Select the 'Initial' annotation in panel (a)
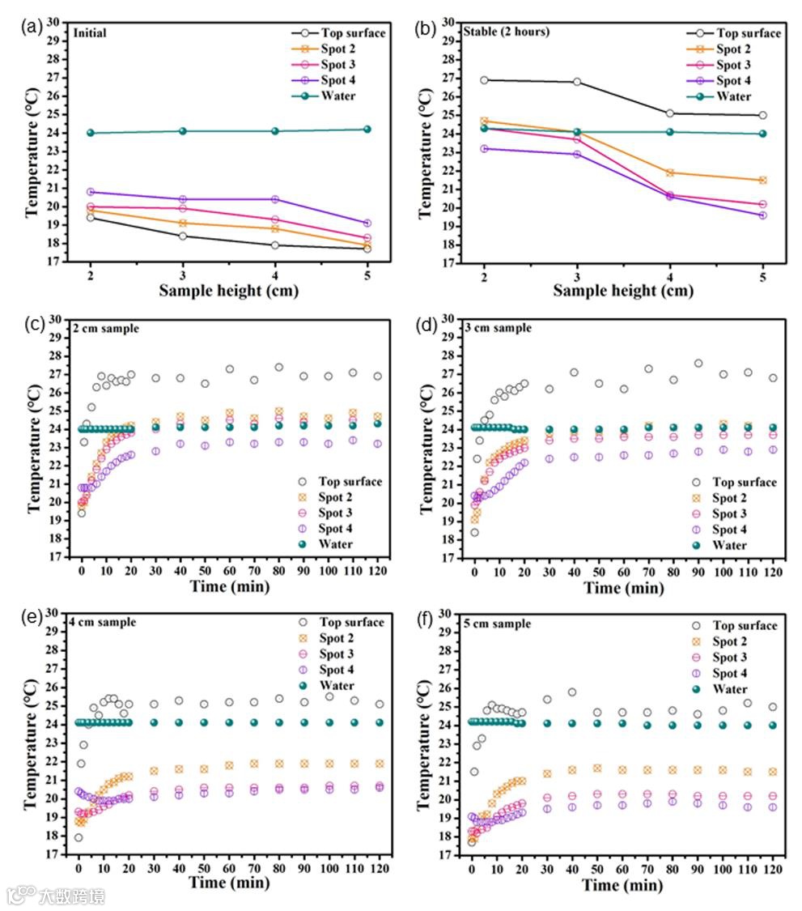point(90,33)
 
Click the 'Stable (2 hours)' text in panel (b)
point(507,32)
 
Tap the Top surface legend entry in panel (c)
point(350,482)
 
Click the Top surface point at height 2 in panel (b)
point(484,79)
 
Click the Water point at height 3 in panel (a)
point(183,131)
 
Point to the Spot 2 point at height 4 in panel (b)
point(669,172)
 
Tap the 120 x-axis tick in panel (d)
point(773,571)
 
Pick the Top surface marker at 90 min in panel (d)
point(698,364)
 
